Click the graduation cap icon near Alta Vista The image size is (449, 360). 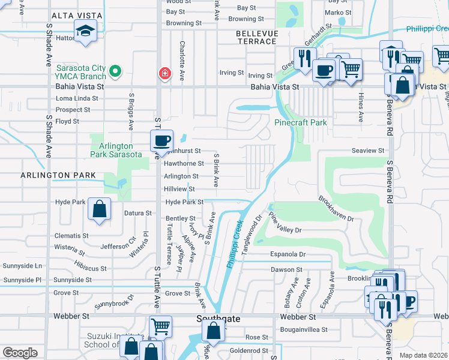[86, 30]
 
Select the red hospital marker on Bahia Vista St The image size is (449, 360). [163, 73]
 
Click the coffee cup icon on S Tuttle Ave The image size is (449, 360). [161, 141]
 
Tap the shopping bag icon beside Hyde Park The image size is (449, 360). [100, 209]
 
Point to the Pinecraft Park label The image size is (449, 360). [301, 122]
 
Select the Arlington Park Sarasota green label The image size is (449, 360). [116, 150]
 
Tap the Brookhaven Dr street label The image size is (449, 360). [336, 208]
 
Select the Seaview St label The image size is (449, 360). [368, 150]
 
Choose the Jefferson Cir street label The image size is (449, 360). [119, 246]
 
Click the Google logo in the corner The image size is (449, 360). [20, 353]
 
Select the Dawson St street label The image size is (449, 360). [286, 270]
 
